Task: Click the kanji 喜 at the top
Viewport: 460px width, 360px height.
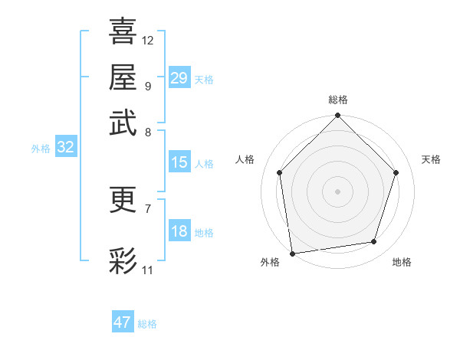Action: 123,32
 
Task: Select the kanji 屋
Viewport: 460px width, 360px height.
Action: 123,77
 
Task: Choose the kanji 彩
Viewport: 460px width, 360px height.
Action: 123,260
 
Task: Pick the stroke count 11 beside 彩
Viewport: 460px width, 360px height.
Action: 148,270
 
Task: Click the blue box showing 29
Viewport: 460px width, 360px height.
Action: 179,78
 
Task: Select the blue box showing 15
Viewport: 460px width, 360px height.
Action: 179,162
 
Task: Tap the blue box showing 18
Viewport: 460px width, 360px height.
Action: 179,232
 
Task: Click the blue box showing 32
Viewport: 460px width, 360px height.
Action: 65,148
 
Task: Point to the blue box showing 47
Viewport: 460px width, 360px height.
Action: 123,322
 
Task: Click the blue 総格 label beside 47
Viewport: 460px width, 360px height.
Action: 147,324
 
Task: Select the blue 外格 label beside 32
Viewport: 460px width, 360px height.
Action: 41,149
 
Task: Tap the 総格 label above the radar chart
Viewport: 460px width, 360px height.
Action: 338,100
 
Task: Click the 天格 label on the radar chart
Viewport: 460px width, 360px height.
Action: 432,159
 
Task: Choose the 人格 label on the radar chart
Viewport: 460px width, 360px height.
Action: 245,159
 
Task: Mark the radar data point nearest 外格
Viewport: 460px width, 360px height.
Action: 292,253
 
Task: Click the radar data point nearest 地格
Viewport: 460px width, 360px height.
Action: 374,242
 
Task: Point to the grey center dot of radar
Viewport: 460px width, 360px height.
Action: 338,191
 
